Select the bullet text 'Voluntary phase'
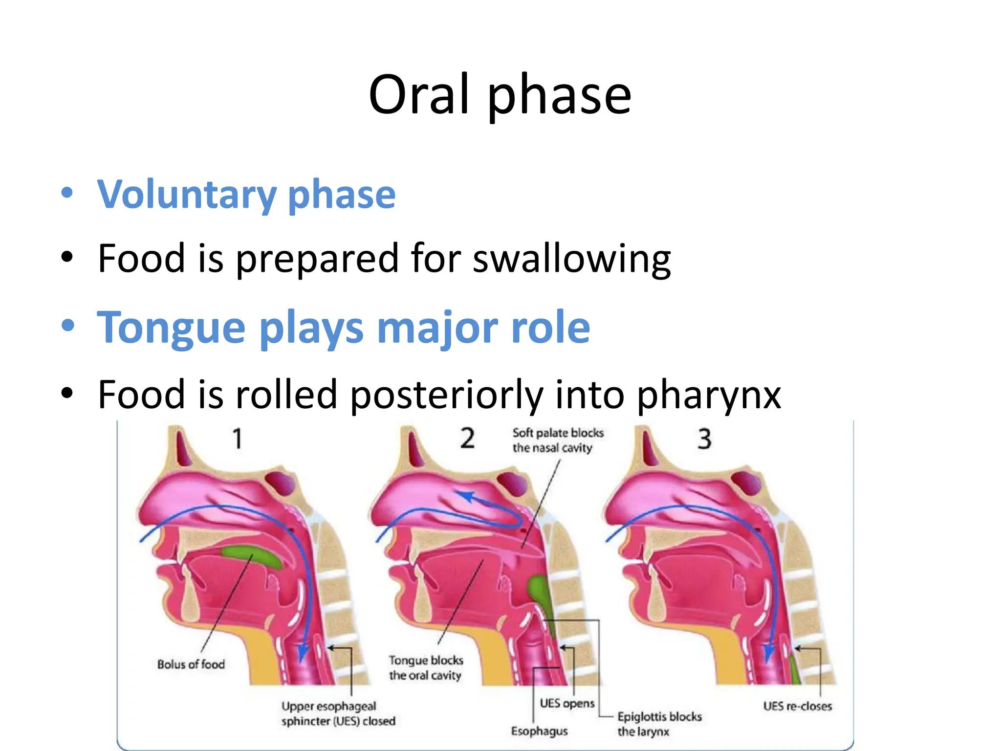pos(246,195)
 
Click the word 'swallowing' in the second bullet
pos(572,259)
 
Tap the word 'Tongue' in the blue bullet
pos(171,327)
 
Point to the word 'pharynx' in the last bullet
pos(709,395)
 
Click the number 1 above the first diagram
pos(238,439)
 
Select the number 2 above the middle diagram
pos(467,439)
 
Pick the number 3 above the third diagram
pos(704,439)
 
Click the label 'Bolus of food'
pos(191,664)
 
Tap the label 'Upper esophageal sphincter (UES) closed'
pos(338,713)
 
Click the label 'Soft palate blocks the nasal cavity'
pos(558,440)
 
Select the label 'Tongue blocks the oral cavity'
pos(426,668)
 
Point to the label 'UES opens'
pos(567,703)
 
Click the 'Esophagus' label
pos(539,731)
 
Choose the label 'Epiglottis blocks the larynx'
pos(659,724)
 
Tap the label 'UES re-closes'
pos(797,706)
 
